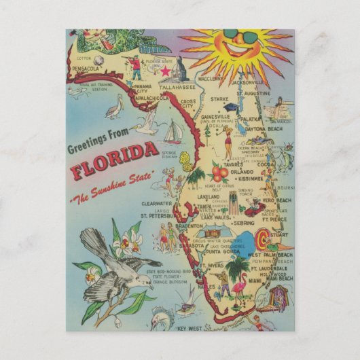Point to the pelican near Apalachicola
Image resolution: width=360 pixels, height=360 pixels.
coord(115,106)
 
